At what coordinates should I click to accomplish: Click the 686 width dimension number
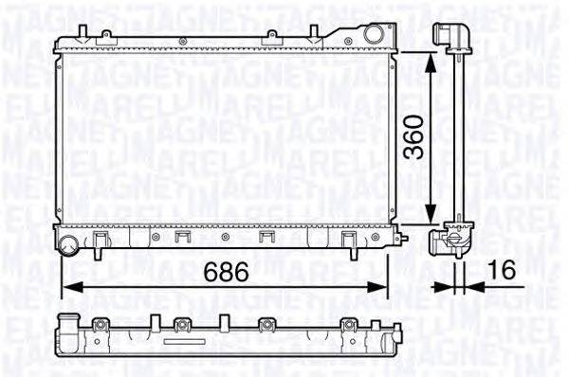[x=227, y=272]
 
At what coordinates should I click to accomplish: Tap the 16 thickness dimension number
[x=502, y=272]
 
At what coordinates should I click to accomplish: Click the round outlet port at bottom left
[x=69, y=247]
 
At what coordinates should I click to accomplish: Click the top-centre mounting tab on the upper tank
[x=271, y=37]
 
